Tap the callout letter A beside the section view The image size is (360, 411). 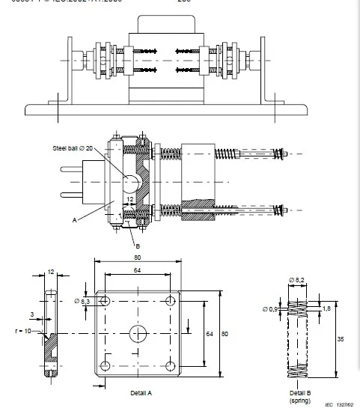[76, 220]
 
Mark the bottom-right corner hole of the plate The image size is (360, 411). [171, 365]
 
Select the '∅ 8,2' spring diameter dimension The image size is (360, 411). [299, 280]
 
